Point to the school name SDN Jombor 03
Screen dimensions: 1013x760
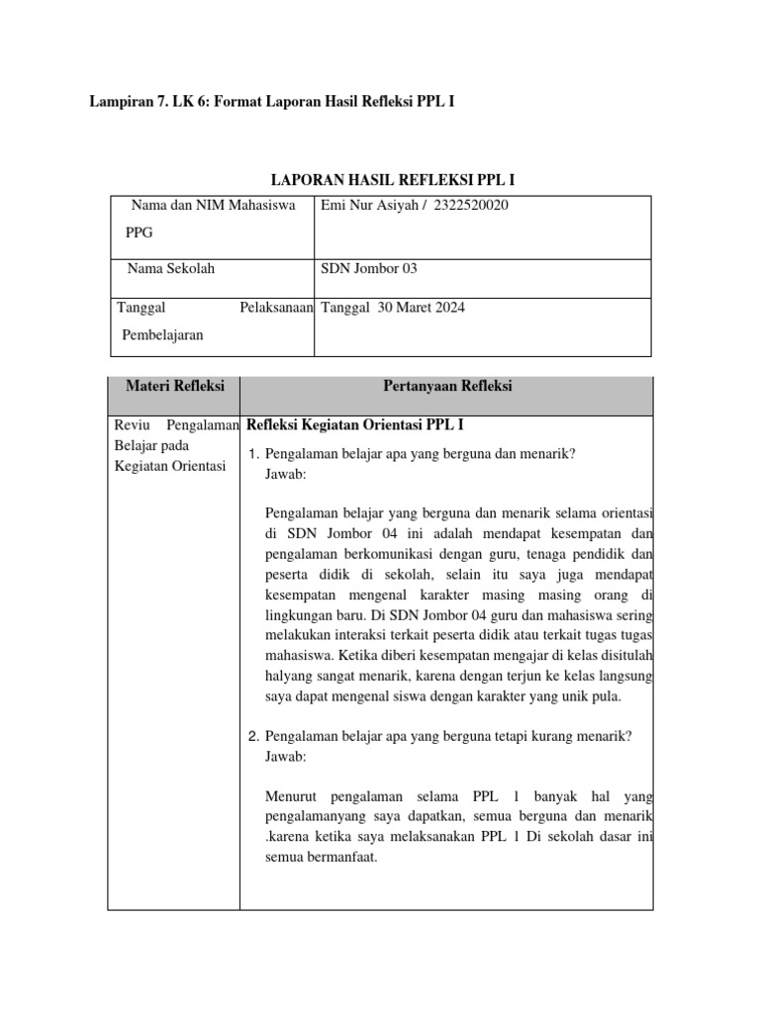(x=362, y=268)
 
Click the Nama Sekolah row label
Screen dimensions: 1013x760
(x=171, y=268)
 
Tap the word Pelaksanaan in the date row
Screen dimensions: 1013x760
(x=276, y=308)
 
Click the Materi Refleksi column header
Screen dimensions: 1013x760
(x=174, y=387)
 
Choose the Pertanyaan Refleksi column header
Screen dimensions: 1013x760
(x=446, y=387)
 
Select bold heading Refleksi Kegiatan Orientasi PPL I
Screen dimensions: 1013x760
(x=354, y=425)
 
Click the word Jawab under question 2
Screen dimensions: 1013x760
(x=286, y=756)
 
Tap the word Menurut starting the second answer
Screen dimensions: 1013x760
(x=293, y=796)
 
